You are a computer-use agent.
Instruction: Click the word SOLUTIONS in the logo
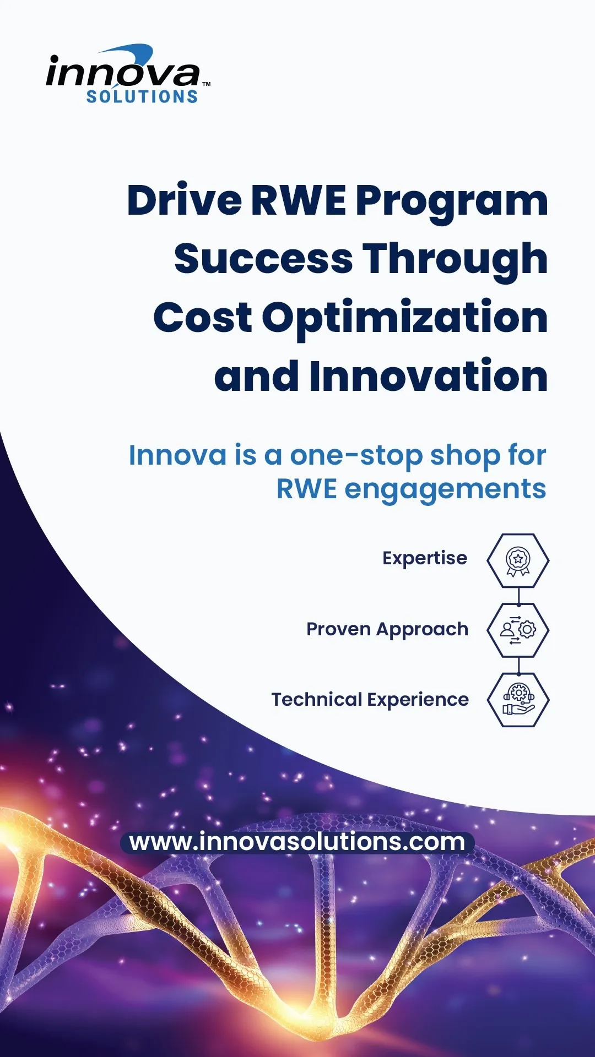(142, 97)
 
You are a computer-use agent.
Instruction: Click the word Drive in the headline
(185, 200)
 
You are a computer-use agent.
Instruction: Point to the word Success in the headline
(263, 259)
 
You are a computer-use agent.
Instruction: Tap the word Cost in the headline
(203, 318)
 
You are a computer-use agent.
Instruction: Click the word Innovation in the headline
(429, 376)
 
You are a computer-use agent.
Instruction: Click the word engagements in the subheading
(445, 490)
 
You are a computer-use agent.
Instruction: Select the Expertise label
(425, 559)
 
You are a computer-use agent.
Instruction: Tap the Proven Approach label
(387, 630)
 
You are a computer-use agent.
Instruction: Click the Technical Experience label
(370, 700)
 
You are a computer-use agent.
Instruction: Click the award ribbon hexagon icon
(518, 560)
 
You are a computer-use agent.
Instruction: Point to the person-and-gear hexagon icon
(518, 630)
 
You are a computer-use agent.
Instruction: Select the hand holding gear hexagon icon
(518, 700)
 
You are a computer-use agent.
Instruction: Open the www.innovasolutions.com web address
(297, 842)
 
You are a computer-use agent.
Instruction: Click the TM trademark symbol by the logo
(206, 84)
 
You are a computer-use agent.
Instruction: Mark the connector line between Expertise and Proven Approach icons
(518, 595)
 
